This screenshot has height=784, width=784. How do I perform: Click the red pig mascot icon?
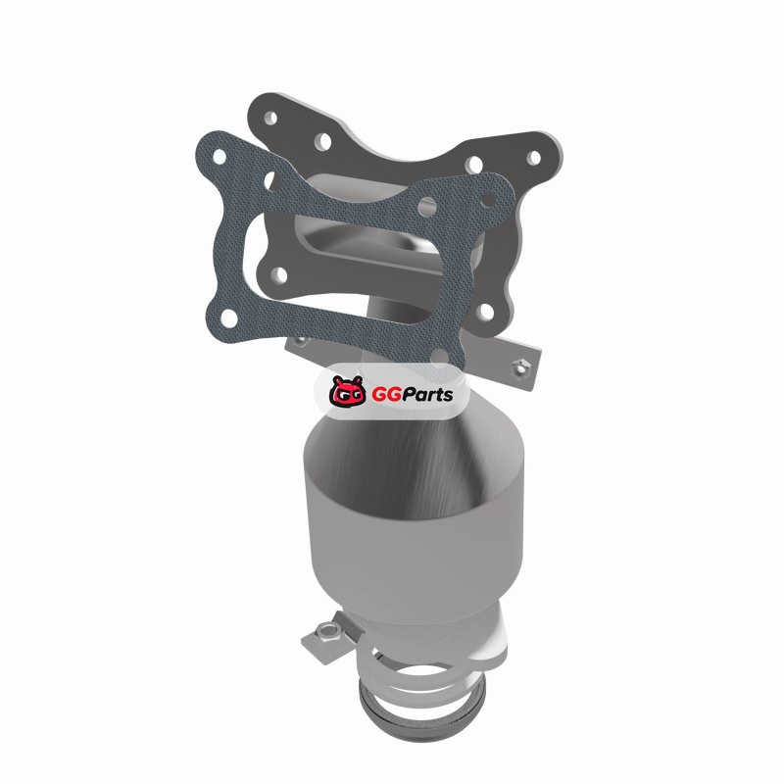click(x=347, y=390)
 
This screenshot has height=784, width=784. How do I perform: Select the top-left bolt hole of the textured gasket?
click(x=219, y=156)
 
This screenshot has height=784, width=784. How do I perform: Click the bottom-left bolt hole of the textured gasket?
click(x=229, y=318)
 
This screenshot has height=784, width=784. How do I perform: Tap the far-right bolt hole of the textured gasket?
click(x=487, y=201)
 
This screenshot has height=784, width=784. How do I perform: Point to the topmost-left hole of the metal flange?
click(x=270, y=118)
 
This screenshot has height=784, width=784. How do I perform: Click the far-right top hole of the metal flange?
click(x=534, y=158)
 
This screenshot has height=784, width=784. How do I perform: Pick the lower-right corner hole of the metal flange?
click(x=485, y=312)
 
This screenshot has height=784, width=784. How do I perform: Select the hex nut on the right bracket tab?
click(x=520, y=368)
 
